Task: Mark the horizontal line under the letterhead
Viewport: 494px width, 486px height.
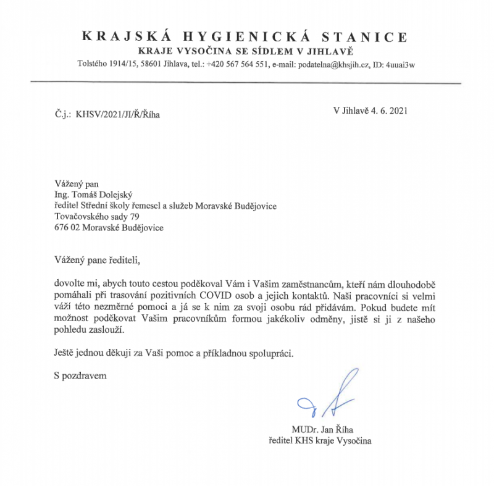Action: (246, 82)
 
